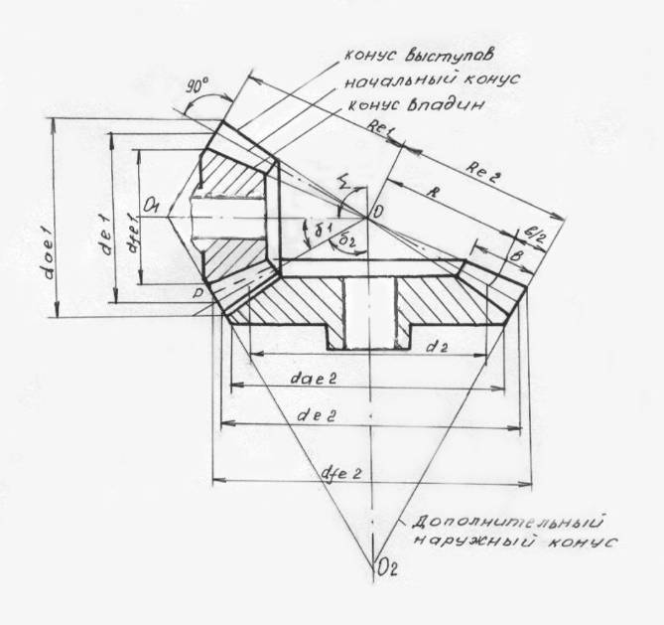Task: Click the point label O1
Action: pos(152,205)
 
